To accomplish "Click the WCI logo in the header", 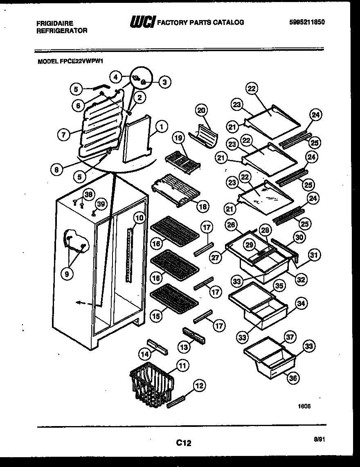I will pyautogui.click(x=142, y=23).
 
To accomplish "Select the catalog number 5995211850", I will pyautogui.click(x=306, y=23).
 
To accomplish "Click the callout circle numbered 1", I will pyautogui.click(x=162, y=127).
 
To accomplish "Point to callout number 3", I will pyautogui.click(x=164, y=82).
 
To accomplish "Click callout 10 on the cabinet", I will pyautogui.click(x=139, y=218).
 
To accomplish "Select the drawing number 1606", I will pyautogui.click(x=304, y=406).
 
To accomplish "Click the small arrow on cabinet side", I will pyautogui.click(x=81, y=303).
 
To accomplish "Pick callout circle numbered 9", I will pyautogui.click(x=67, y=274).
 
